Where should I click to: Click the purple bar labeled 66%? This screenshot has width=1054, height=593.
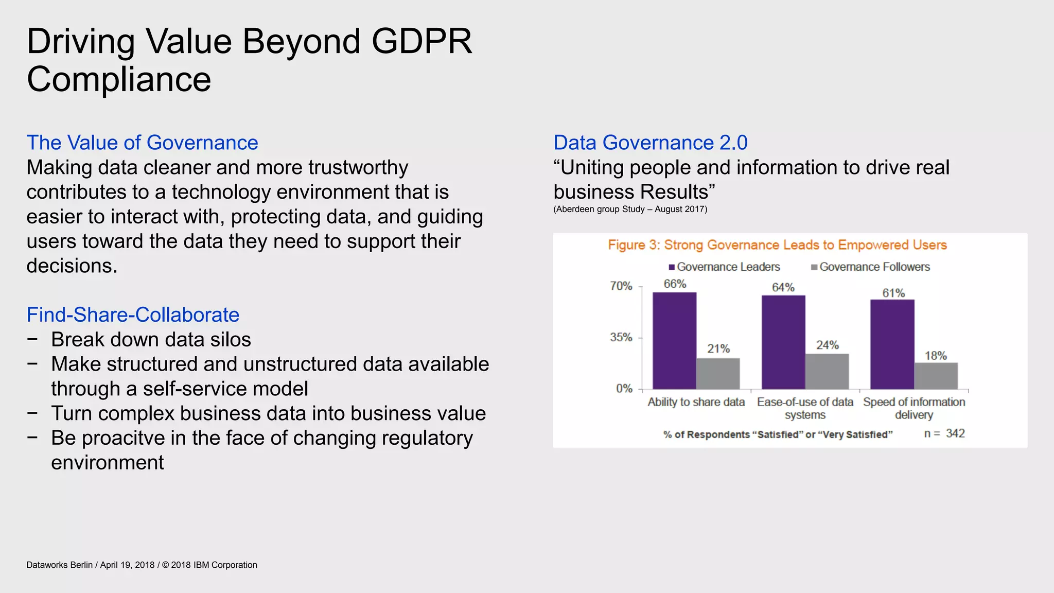click(674, 340)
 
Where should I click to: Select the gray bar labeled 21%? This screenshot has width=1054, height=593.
click(718, 373)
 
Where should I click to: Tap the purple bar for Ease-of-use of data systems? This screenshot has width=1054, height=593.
click(783, 342)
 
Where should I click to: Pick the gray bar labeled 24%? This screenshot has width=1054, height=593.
click(827, 371)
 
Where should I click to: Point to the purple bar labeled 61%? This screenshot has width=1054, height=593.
click(892, 344)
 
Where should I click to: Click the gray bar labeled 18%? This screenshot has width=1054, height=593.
click(936, 376)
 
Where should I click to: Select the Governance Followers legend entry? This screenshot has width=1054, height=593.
click(870, 267)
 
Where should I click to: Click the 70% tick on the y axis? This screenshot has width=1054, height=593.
click(621, 286)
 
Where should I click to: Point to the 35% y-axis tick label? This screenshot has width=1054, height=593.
click(621, 338)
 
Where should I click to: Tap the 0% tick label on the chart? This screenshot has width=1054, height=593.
click(624, 389)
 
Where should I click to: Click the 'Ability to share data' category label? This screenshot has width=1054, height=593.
click(696, 402)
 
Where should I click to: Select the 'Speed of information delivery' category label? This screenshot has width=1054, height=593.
click(914, 408)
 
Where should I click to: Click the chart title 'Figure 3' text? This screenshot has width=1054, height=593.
click(777, 245)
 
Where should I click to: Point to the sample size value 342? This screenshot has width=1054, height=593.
click(955, 433)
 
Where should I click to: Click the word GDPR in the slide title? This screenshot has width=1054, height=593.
click(421, 41)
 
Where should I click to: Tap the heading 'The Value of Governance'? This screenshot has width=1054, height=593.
click(142, 143)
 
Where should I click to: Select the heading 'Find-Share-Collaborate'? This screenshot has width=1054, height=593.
click(133, 315)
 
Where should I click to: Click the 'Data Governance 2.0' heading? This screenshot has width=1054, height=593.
click(650, 143)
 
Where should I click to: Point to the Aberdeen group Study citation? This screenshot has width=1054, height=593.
click(630, 209)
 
